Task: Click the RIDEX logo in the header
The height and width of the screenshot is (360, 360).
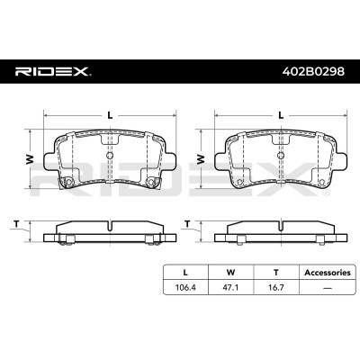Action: coord(50,71)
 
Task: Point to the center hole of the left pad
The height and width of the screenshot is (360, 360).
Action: coord(109,154)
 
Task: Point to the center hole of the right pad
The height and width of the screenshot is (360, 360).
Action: coord(282,154)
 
